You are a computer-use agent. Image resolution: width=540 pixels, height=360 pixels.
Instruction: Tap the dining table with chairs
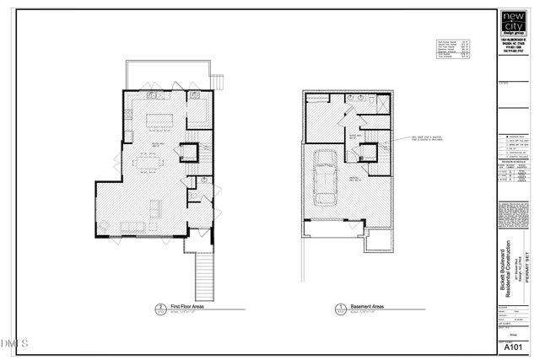[x=154, y=159]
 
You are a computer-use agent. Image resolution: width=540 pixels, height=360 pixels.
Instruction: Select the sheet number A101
[x=510, y=347]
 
